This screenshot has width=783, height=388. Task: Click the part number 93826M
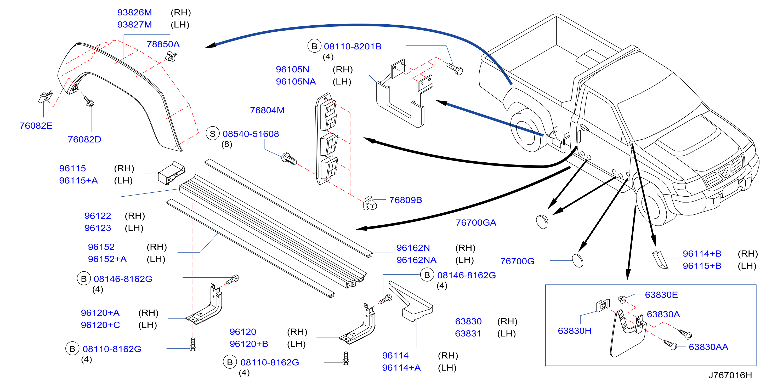pos(134,13)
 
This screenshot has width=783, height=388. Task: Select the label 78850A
pos(163,44)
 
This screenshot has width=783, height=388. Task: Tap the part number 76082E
pos(36,125)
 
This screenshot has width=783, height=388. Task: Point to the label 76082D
pos(84,139)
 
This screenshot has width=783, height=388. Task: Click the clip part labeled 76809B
pos(370,203)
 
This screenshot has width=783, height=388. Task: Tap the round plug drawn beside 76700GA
pos(542,222)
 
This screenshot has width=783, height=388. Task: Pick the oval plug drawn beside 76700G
pos(577,260)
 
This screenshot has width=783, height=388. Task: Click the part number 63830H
pos(575,331)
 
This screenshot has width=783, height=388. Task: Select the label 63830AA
pos(708,347)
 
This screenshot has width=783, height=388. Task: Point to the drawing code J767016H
pos(730,375)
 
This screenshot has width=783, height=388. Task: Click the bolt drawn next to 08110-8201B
pos(455,69)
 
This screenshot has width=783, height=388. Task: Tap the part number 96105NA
pos(296,82)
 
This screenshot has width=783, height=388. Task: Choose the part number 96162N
pos(413,248)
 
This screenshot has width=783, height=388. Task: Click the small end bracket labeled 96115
pos(172,173)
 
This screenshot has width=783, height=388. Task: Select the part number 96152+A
pos(107,259)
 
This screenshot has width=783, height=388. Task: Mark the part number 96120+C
pos(100,325)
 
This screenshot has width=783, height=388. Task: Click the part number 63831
pos(468,334)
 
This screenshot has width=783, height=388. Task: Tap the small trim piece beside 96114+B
pos(660,260)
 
